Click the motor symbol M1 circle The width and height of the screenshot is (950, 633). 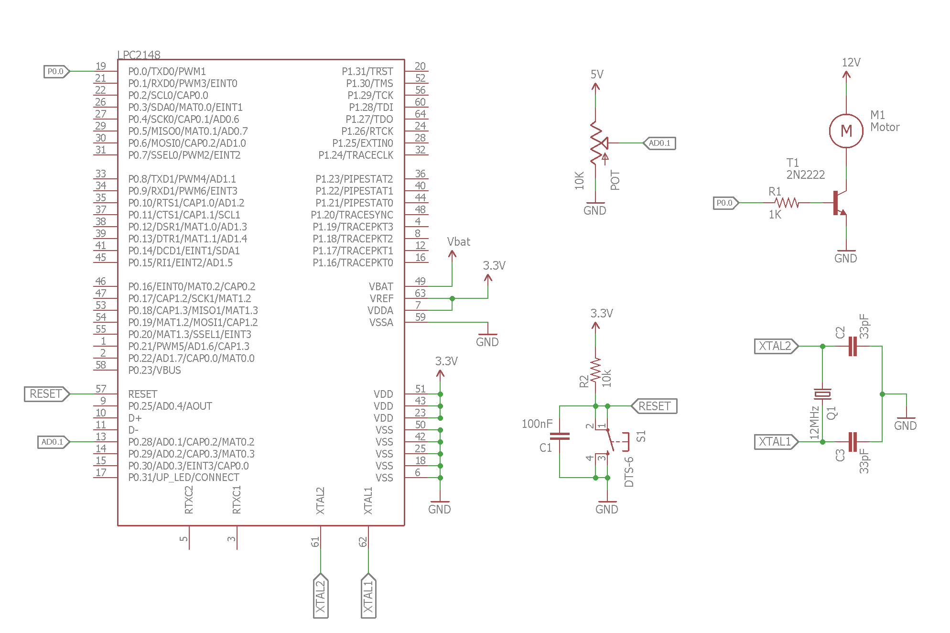point(846,131)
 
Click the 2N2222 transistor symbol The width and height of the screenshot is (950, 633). point(839,203)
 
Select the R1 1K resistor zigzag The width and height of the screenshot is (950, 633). point(787,203)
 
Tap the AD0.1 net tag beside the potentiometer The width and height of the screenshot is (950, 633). point(659,143)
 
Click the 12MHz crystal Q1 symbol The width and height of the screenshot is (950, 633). point(822,394)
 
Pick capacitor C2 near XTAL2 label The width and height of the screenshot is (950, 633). point(852,346)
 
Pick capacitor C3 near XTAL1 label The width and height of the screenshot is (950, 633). point(852,442)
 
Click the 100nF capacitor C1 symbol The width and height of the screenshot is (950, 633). point(560,436)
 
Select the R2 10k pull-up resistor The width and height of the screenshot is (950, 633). point(595,371)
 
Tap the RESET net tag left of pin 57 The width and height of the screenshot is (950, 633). point(46,394)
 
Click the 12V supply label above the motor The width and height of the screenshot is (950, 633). point(851,63)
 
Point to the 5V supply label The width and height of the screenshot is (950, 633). point(597,75)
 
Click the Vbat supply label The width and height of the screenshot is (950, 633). point(458,242)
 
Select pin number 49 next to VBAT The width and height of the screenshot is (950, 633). point(420,281)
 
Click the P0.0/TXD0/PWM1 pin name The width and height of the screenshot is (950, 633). point(167,72)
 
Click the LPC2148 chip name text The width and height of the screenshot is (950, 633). point(139,55)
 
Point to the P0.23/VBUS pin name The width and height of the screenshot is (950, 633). point(154,371)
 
